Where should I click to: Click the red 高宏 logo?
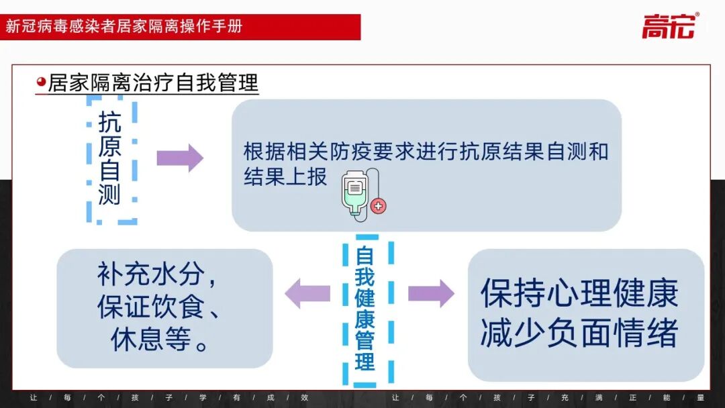pyautogui.click(x=669, y=26)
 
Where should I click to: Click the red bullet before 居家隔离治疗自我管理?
pyautogui.click(x=41, y=82)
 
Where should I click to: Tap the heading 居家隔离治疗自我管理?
pyautogui.click(x=153, y=83)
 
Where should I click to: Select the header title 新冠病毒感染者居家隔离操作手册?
pyautogui.click(x=124, y=27)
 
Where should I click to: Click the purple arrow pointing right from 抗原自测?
pyautogui.click(x=179, y=158)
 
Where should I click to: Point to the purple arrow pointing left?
pyautogui.click(x=307, y=293)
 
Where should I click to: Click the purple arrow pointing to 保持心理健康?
pyautogui.click(x=431, y=293)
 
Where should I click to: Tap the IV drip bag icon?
pyautogui.click(x=358, y=193)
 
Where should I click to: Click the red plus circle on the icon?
pyautogui.click(x=379, y=206)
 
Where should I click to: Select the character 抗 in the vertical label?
pyautogui.click(x=109, y=122)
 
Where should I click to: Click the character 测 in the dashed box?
pyautogui.click(x=109, y=193)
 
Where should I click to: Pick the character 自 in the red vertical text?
pyautogui.click(x=365, y=256)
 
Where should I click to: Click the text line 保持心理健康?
pyautogui.click(x=579, y=293)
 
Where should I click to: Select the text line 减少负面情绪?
pyautogui.click(x=579, y=333)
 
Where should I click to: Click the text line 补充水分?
pyautogui.click(x=158, y=274)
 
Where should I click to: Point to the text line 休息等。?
pyautogui.click(x=158, y=340)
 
